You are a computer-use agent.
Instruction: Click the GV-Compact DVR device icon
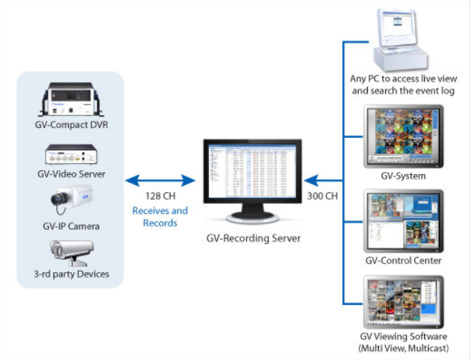pos(71,99)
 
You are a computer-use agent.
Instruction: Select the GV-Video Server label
pos(71,174)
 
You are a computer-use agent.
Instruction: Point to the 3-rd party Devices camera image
pos(72,253)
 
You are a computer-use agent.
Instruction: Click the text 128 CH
pos(160,196)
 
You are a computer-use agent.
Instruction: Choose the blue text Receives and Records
pos(160,217)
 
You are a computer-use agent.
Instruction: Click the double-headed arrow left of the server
pos(160,181)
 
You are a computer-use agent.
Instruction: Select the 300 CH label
pos(323,196)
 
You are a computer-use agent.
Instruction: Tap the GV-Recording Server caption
pos(253,238)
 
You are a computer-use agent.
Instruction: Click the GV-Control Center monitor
pos(403,221)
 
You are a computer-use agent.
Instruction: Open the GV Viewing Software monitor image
pos(403,302)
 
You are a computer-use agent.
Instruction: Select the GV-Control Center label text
pos(403,261)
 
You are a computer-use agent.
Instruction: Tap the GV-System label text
pos(403,176)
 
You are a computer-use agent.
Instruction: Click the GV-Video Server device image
pos(71,154)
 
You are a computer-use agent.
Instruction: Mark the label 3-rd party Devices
pos(71,274)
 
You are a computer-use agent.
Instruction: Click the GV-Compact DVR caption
pos(71,125)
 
